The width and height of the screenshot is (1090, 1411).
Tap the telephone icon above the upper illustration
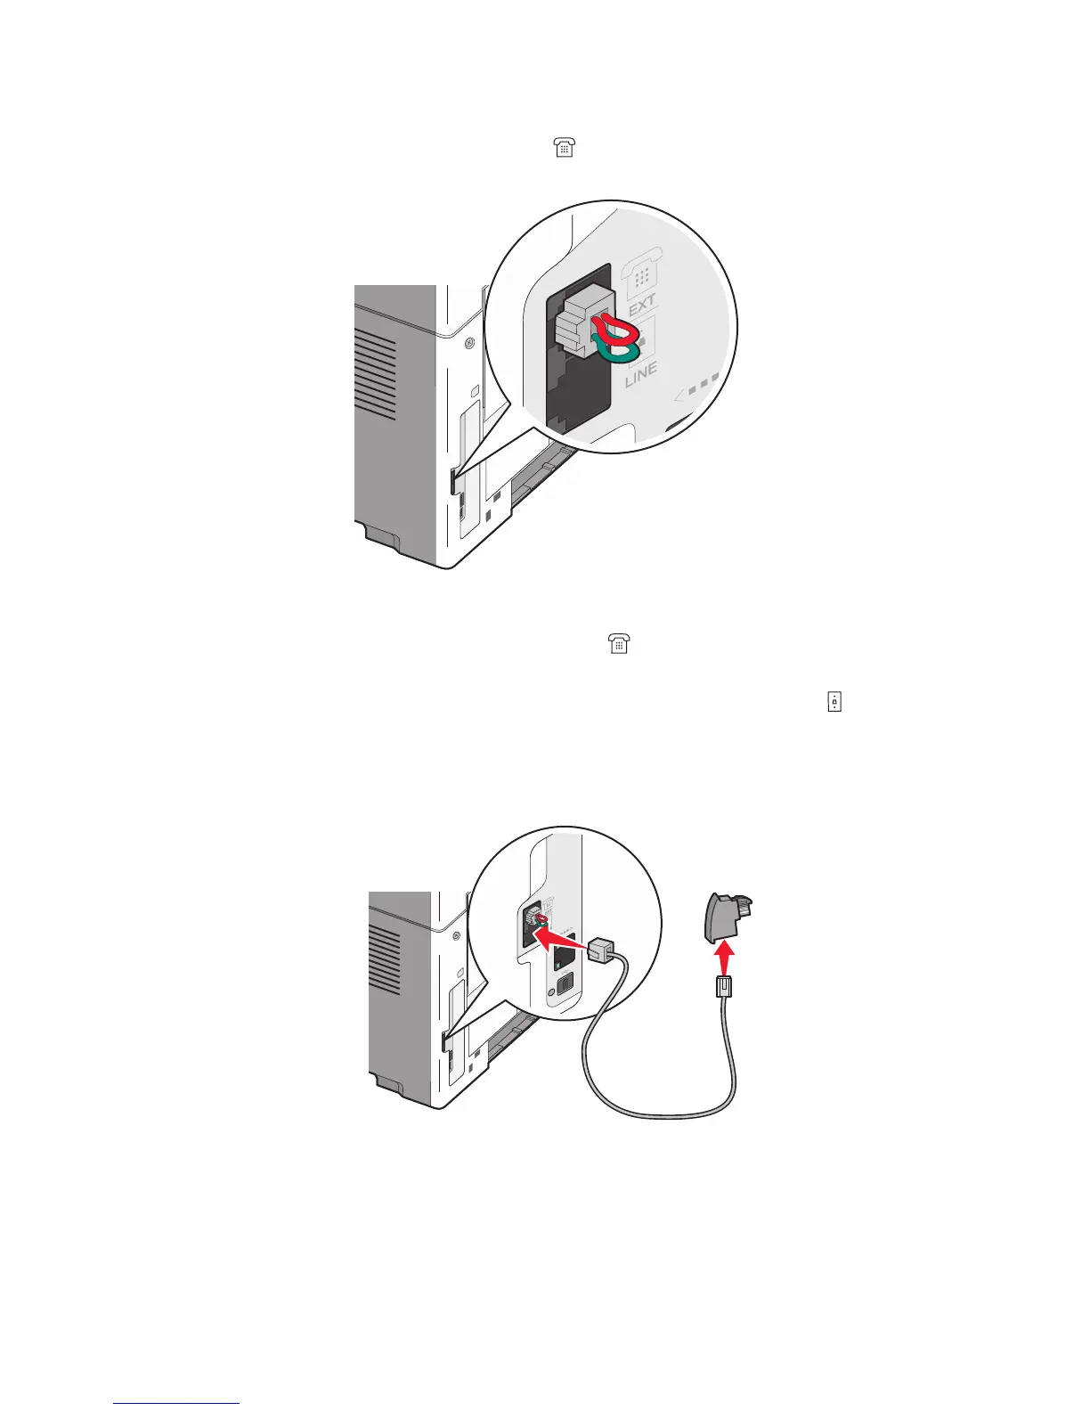coord(564,150)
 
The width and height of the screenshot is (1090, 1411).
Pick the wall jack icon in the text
coord(834,703)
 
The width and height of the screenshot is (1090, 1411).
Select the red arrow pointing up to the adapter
coord(727,959)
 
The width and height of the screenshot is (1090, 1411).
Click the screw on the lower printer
coord(457,934)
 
